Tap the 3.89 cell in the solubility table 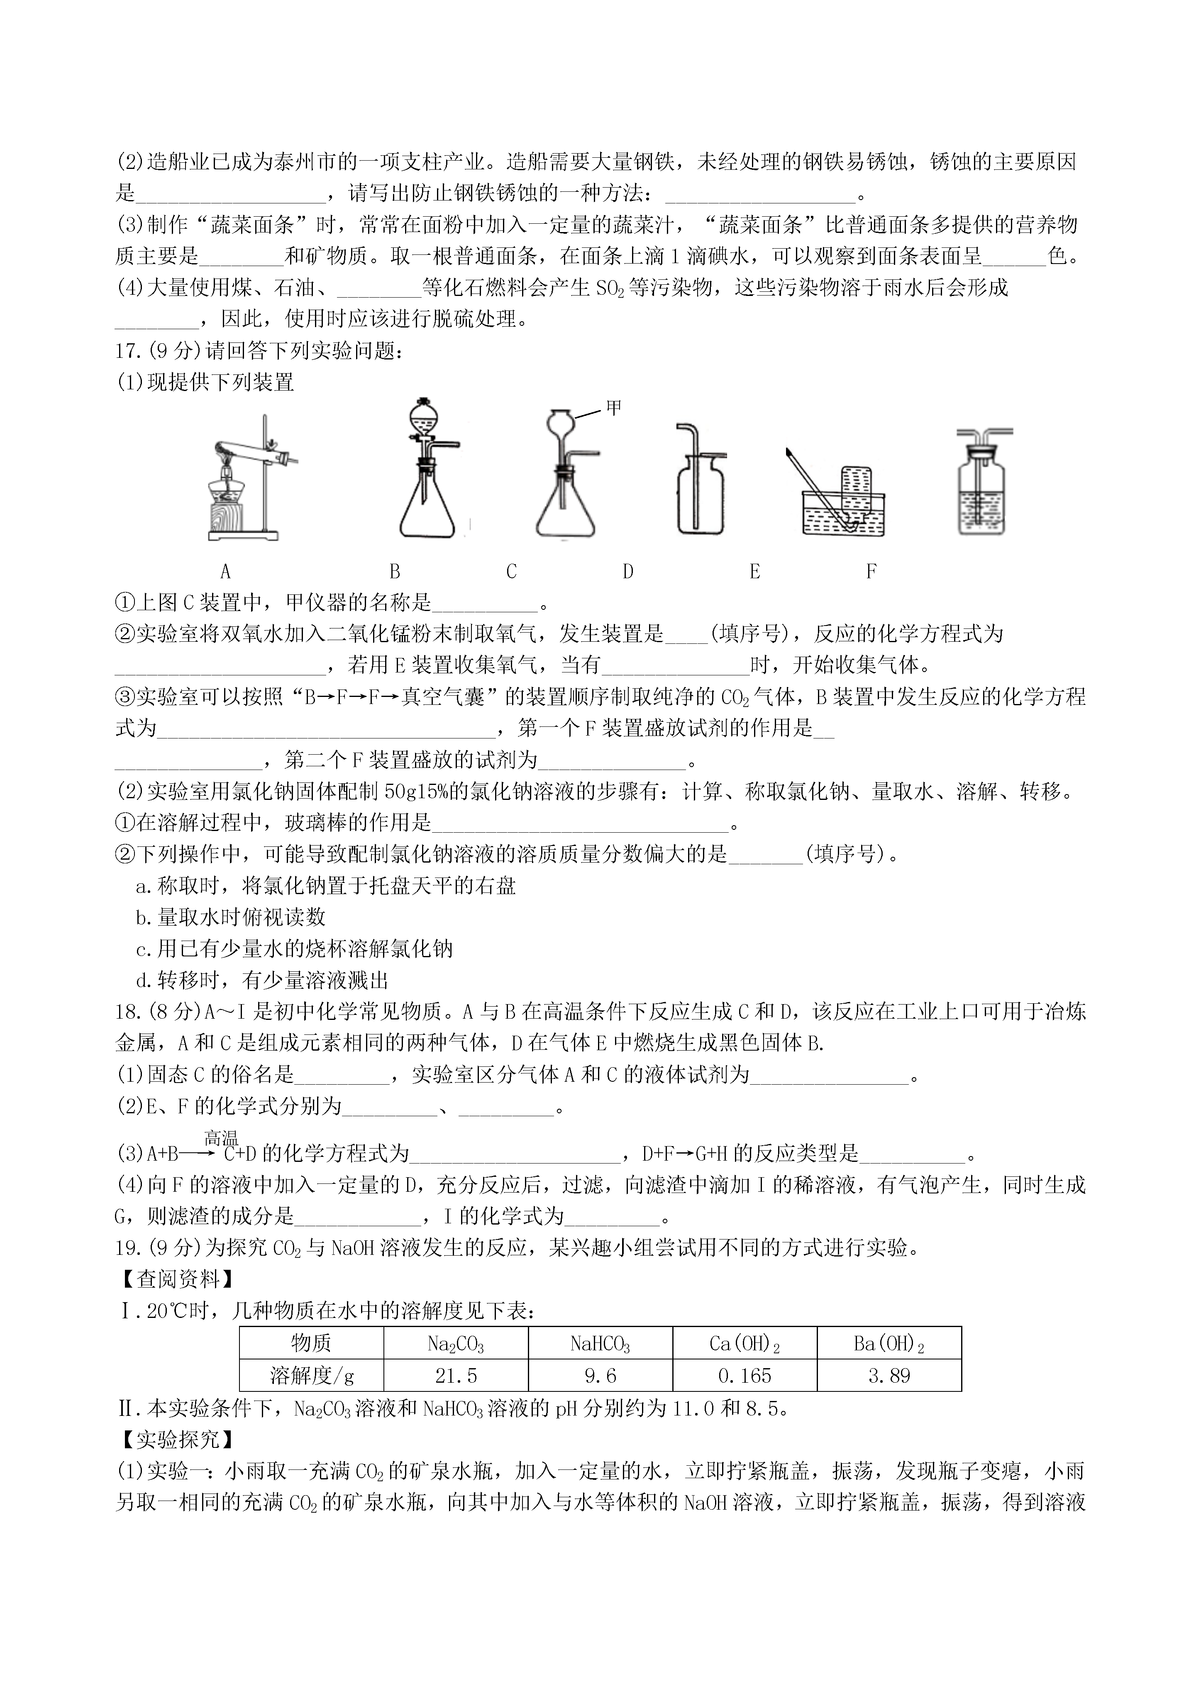tap(889, 1376)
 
